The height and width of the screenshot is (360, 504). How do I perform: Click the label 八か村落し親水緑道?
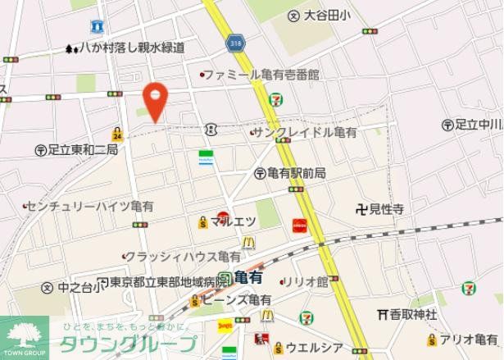click(131, 48)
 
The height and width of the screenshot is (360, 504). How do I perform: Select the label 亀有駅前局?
click(296, 173)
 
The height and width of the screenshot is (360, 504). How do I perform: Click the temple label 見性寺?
click(387, 209)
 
